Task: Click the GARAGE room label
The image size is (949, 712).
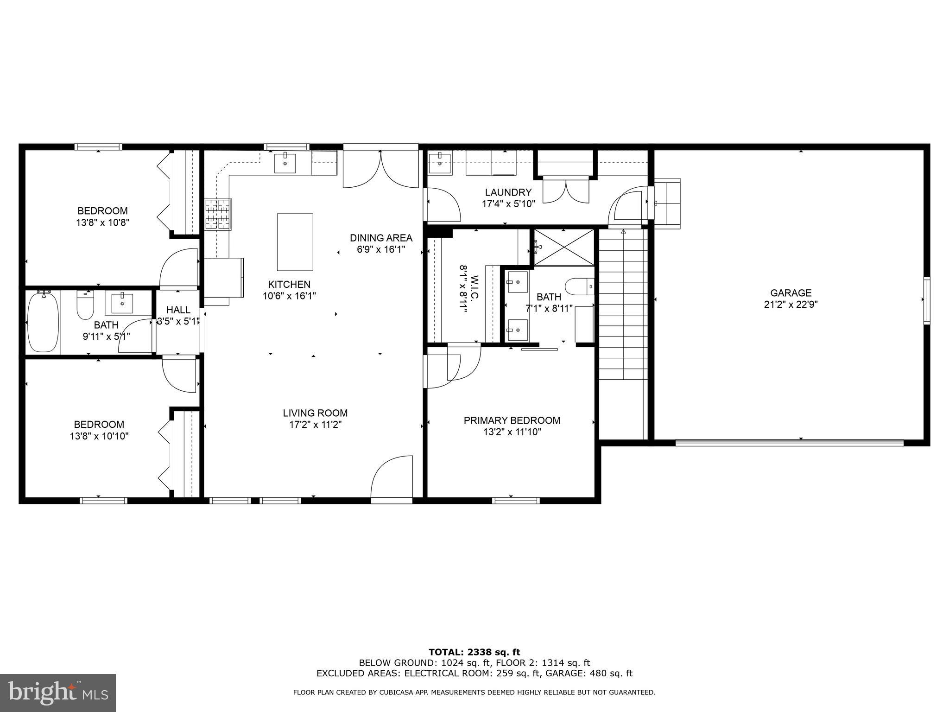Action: [x=791, y=293]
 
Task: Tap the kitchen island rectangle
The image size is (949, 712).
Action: [x=295, y=242]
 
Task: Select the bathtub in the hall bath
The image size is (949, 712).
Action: [x=44, y=322]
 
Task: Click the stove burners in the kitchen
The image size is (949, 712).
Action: [x=218, y=214]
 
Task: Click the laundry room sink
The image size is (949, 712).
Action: [x=438, y=163]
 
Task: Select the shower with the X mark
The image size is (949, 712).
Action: [x=564, y=247]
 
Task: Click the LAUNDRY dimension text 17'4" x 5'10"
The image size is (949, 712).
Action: [x=508, y=203]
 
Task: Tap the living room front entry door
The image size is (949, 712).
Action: [x=392, y=477]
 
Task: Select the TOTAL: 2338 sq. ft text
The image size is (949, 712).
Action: [x=474, y=652]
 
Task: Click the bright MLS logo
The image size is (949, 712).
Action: [x=58, y=693]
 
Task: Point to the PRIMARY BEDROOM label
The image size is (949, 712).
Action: [x=512, y=420]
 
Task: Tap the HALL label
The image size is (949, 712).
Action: [x=178, y=310]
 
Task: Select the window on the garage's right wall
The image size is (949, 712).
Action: [x=926, y=300]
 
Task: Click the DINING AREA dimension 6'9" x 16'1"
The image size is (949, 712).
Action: [x=381, y=249]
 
